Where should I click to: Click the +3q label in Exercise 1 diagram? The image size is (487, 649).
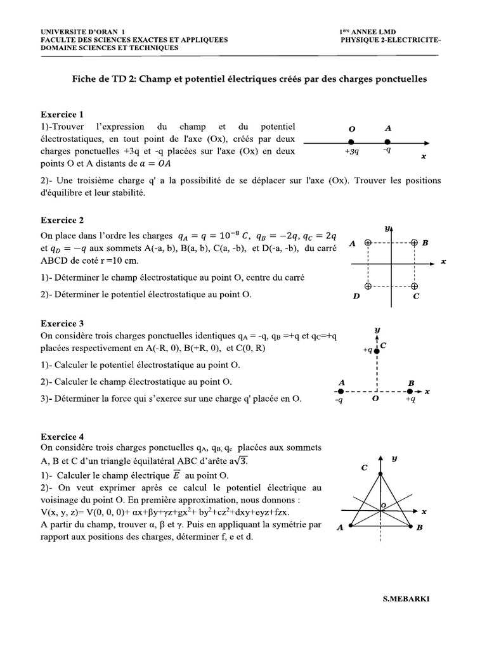coord(352,152)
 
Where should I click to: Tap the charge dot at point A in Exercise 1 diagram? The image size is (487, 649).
coord(388,141)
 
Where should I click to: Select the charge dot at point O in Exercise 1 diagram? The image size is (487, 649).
coord(351,141)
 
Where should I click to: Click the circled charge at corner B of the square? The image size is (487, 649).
coord(414,242)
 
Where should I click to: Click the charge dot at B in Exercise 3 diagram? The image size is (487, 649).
coord(410,392)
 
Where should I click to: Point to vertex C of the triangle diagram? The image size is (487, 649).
coord(380,473)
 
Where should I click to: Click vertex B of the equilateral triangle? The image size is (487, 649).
coord(417,525)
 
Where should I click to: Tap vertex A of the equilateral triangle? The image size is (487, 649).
coord(344,525)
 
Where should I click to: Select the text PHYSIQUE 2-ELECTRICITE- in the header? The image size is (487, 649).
coord(390,39)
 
